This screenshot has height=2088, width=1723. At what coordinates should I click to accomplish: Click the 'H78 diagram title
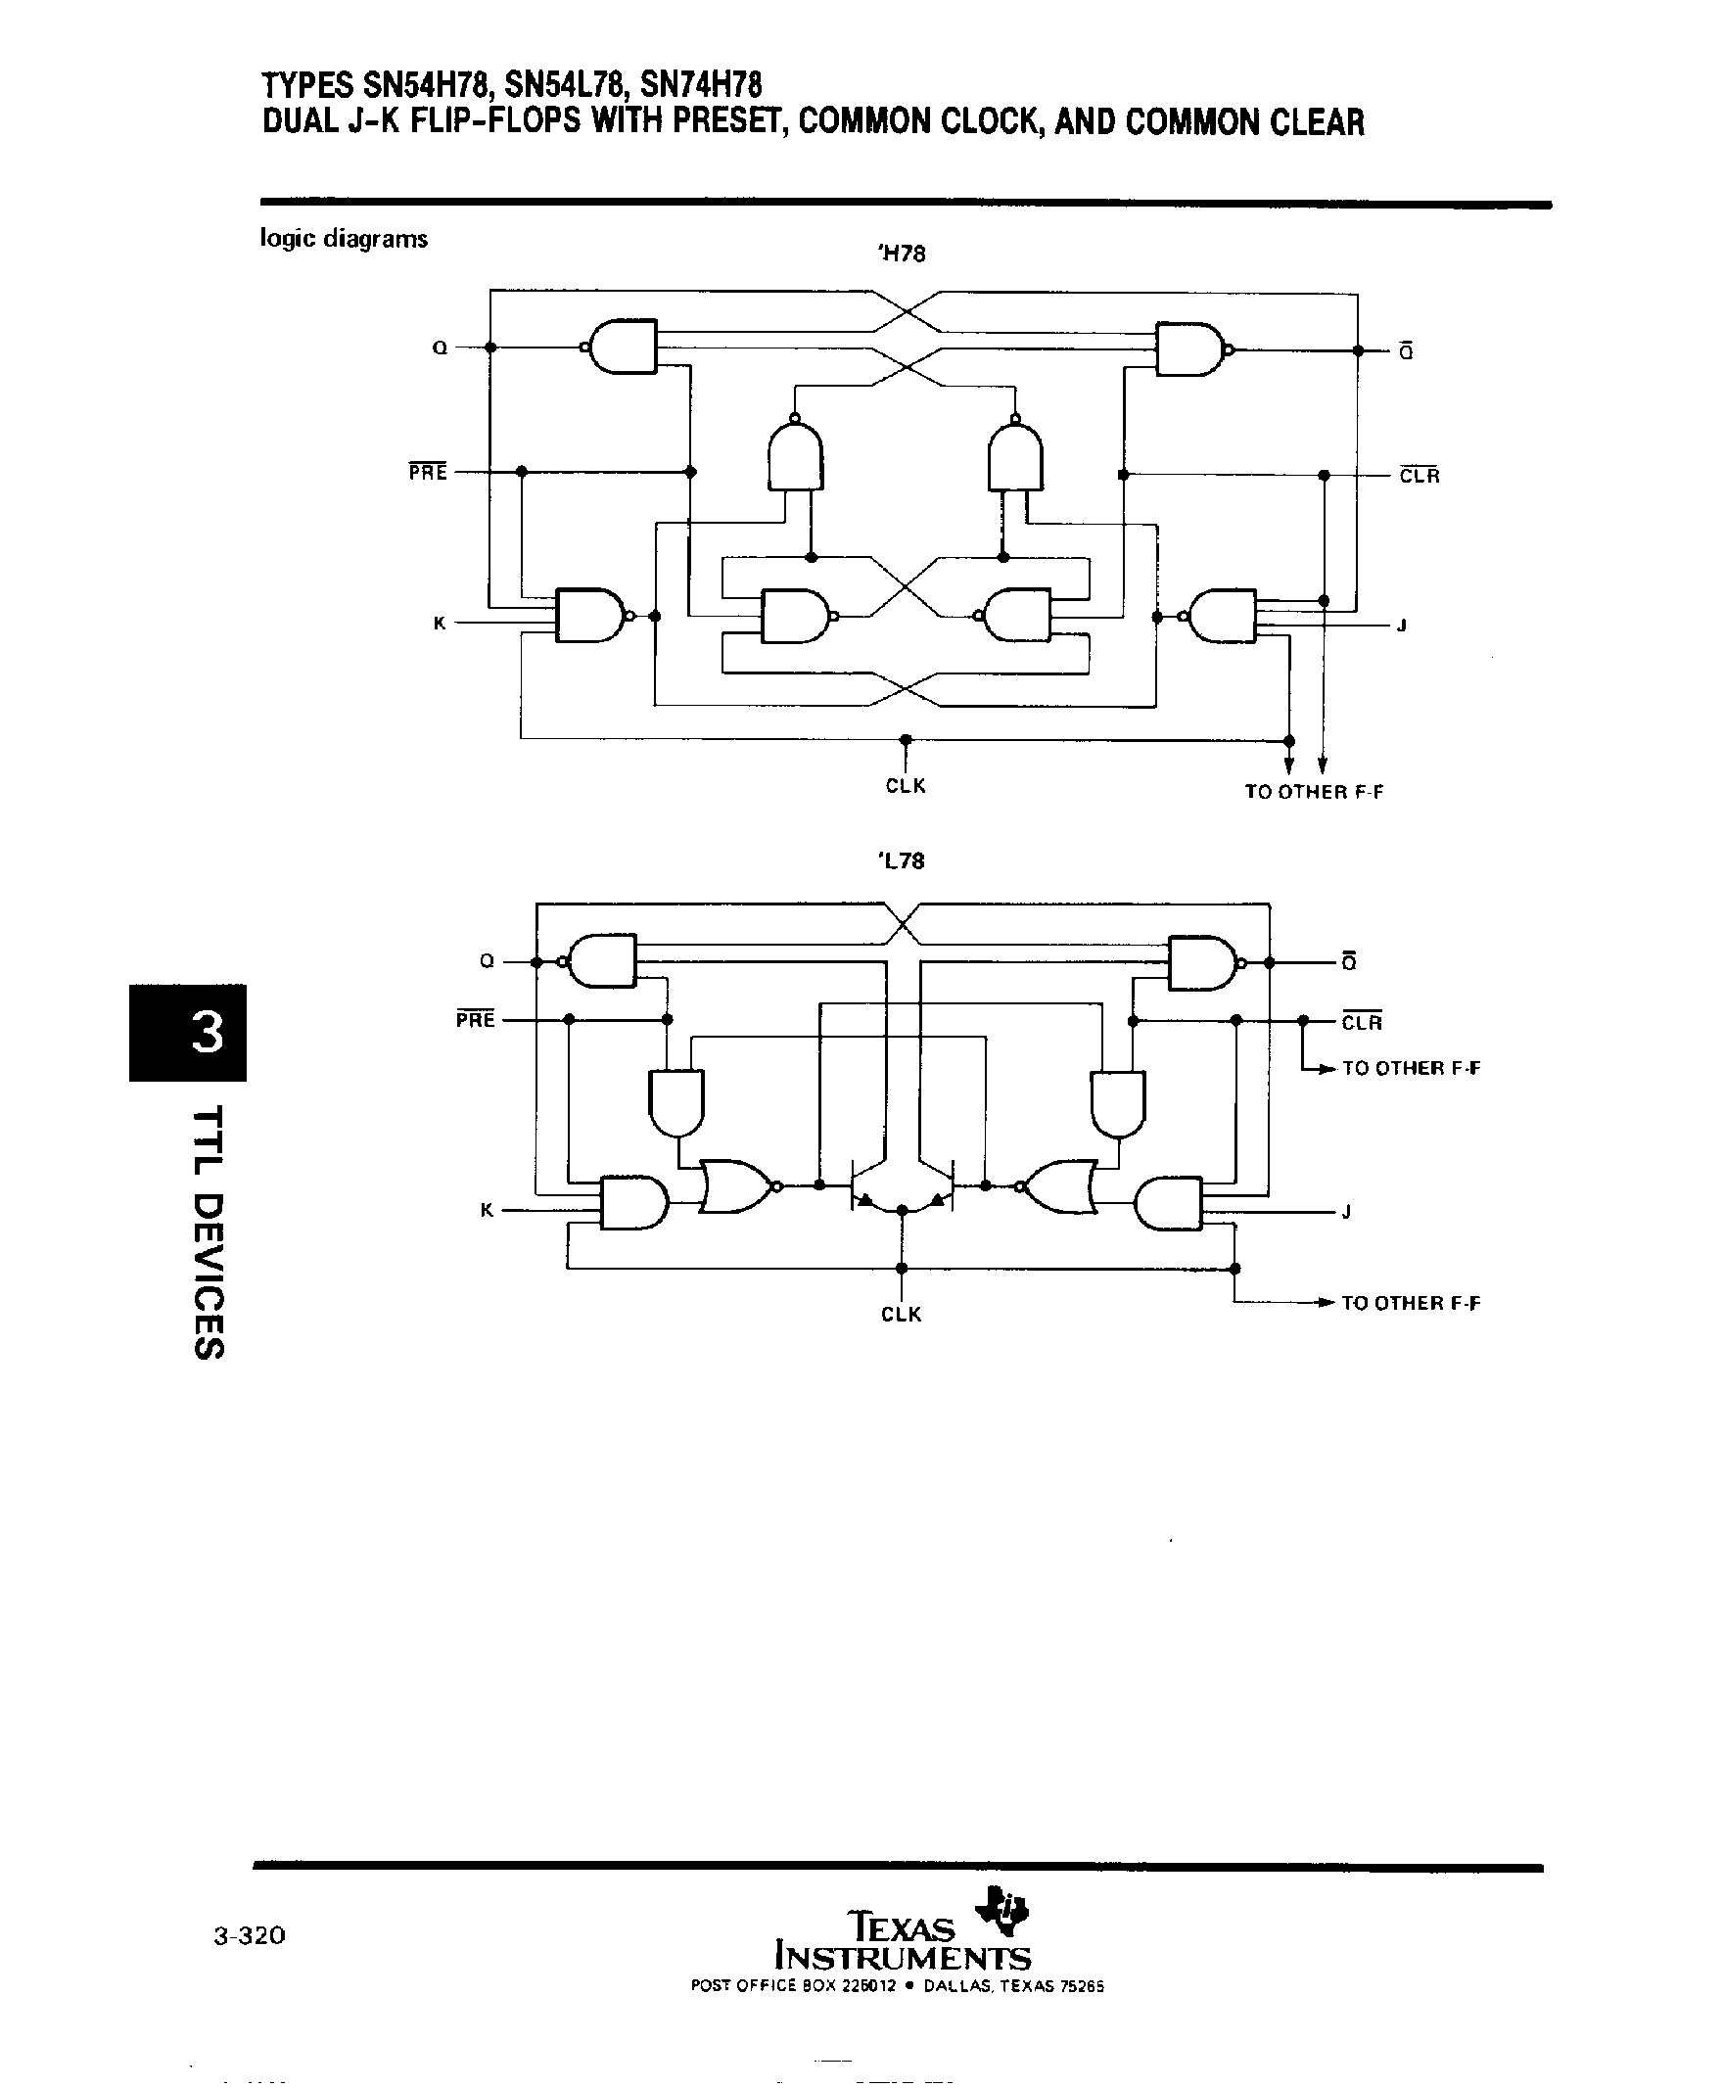coord(902,255)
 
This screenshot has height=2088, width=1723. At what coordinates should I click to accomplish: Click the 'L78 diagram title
coord(902,861)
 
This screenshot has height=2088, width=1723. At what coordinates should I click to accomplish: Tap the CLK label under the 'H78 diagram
coord(906,786)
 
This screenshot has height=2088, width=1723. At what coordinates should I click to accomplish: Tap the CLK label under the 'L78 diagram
coord(902,1315)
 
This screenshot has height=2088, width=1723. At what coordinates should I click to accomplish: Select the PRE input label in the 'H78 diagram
coord(428,473)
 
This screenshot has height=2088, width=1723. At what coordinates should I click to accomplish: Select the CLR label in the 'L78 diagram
coord(1362,1023)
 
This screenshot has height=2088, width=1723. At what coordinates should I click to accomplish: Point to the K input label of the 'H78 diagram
coord(440,624)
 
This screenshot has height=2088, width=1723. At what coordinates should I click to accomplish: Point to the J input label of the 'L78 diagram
coord(1346,1212)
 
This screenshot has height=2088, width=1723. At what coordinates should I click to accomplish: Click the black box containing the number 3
coord(188,1032)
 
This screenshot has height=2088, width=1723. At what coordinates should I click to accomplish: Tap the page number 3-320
coord(249,1935)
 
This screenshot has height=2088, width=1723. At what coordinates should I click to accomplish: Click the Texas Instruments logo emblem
coord(1004,1910)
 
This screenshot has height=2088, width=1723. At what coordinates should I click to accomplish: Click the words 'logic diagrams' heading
coord(344,238)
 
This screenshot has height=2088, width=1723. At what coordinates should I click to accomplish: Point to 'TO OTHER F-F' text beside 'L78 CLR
coord(1411,1069)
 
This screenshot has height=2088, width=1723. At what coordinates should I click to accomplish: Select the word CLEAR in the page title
coord(1317,122)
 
